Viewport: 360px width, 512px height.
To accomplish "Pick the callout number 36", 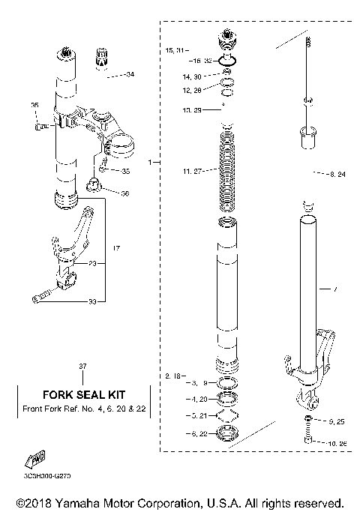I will (124, 193).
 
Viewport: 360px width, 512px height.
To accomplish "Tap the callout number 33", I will (112, 302).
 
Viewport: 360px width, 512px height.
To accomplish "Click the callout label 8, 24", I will (337, 175).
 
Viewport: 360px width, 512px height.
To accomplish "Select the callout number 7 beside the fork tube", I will (336, 289).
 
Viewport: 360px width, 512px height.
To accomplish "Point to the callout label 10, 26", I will (338, 444).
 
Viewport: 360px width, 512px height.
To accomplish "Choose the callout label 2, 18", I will (172, 373).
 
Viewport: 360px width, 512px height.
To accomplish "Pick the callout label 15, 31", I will (174, 49).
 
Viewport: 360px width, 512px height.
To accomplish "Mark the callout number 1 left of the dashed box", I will (150, 162).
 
